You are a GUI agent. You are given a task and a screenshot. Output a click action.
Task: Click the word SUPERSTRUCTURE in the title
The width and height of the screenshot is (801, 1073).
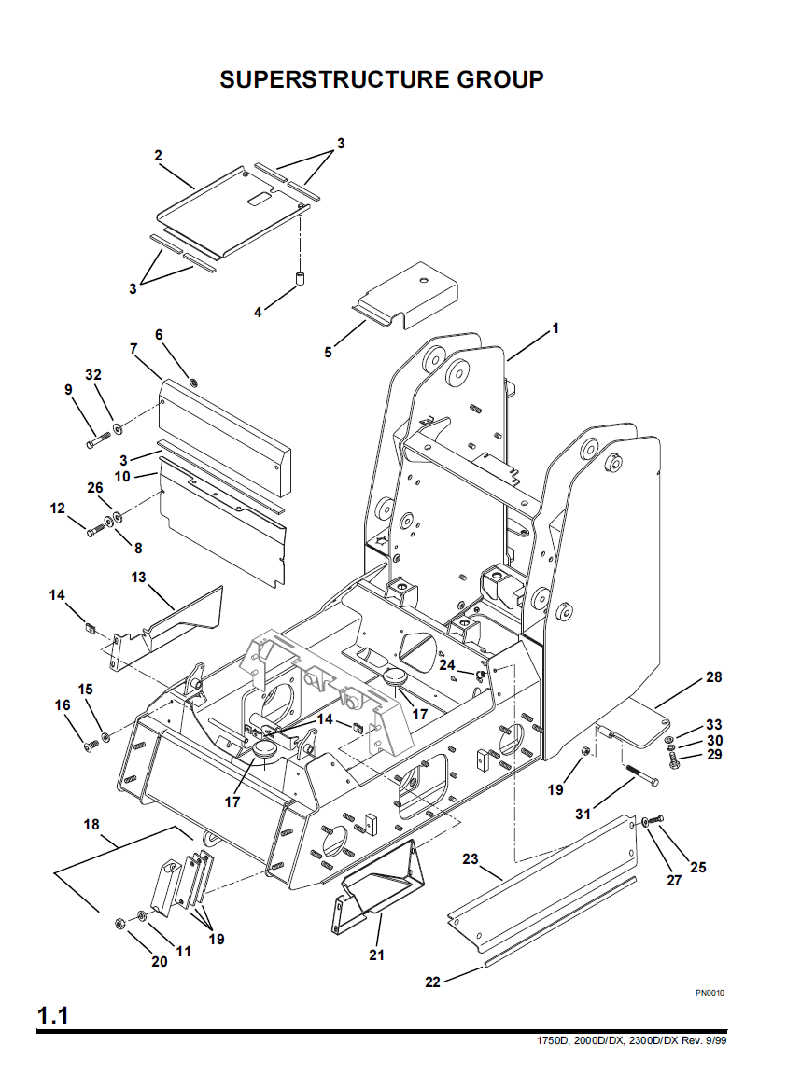coord(335,79)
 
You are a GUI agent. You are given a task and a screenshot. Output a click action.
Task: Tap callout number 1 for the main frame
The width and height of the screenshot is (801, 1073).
coord(555,328)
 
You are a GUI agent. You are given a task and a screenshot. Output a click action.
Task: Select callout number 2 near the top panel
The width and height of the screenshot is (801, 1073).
coord(158,155)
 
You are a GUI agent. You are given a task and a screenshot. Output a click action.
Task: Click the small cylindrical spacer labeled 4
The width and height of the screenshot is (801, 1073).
coord(299,279)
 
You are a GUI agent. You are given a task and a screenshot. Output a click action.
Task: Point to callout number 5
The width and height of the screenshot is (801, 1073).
coord(328,352)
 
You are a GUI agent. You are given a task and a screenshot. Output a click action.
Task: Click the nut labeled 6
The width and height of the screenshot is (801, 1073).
coord(193,382)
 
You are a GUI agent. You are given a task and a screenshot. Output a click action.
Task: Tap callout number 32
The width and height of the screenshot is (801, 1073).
coord(93,375)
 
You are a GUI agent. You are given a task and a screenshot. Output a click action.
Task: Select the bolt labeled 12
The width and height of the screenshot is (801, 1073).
coord(95,529)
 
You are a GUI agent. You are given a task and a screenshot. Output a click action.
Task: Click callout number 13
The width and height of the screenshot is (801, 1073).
coord(138,578)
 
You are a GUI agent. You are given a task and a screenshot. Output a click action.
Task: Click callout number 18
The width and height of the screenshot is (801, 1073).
coord(91,825)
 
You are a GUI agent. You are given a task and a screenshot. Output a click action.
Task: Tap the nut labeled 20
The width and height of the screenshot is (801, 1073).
coord(119,924)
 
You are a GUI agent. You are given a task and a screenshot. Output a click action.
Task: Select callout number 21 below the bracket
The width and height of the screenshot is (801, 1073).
coord(376,955)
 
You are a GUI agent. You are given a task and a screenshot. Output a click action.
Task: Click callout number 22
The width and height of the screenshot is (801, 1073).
coord(432,982)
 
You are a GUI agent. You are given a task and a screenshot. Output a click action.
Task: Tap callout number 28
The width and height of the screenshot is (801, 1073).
coord(714,677)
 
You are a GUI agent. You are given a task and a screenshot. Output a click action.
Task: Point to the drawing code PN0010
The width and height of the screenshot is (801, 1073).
coord(710,992)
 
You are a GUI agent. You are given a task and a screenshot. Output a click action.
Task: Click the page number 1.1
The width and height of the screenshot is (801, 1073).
coord(52,1015)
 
